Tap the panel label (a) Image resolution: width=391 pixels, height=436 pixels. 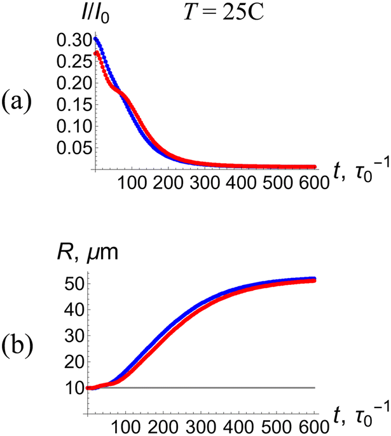click(23, 101)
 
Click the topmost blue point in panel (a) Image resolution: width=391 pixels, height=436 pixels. click(95, 38)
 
